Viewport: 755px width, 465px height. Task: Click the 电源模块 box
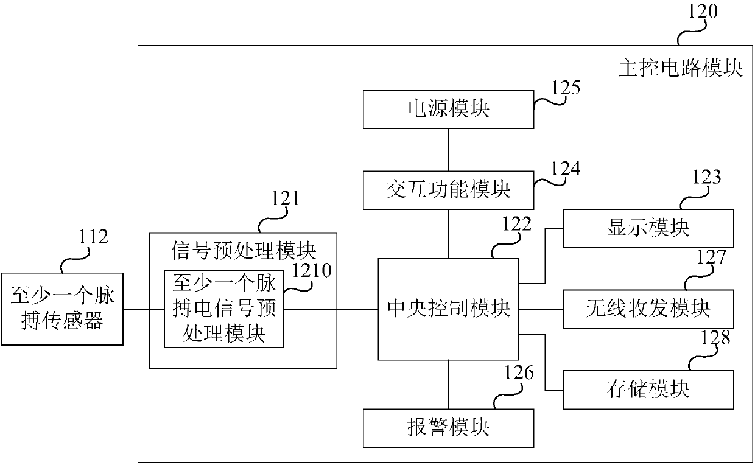[x=448, y=109]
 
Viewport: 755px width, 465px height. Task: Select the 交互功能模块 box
[x=448, y=189]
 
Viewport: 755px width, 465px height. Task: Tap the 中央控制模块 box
[x=448, y=309]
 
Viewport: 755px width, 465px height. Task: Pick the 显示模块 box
[x=648, y=228]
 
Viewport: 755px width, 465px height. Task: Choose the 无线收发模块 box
[x=648, y=309]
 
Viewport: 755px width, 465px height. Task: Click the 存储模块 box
[x=648, y=389]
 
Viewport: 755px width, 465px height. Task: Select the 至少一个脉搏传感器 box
[x=62, y=309]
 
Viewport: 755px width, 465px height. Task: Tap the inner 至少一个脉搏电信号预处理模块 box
[x=223, y=309]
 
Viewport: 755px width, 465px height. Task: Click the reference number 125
[x=566, y=88]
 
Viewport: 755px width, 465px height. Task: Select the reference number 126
[x=519, y=372]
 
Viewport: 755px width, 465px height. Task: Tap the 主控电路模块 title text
[x=680, y=68]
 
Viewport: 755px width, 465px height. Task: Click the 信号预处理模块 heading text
[x=243, y=250]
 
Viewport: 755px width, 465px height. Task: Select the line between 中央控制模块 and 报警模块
[x=448, y=385]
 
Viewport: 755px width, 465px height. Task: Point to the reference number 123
[x=706, y=177]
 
